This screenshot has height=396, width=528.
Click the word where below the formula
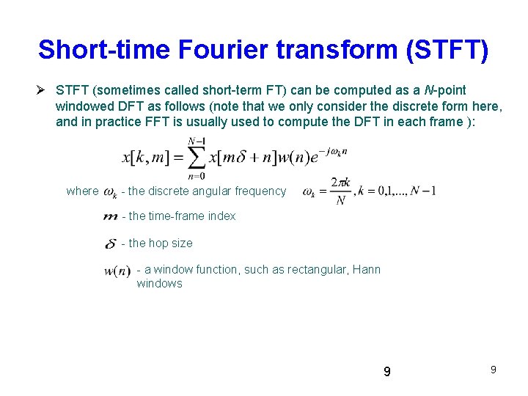(82, 191)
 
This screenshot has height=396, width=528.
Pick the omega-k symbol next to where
(110, 192)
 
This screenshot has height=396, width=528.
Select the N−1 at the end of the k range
(423, 191)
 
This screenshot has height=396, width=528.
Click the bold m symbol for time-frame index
(111, 217)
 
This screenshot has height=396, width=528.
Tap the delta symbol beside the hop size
(111, 243)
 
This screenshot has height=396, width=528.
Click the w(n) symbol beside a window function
(117, 271)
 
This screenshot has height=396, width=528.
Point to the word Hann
(367, 270)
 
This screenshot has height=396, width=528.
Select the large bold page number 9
(387, 372)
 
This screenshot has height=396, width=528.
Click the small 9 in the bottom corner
(493, 370)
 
